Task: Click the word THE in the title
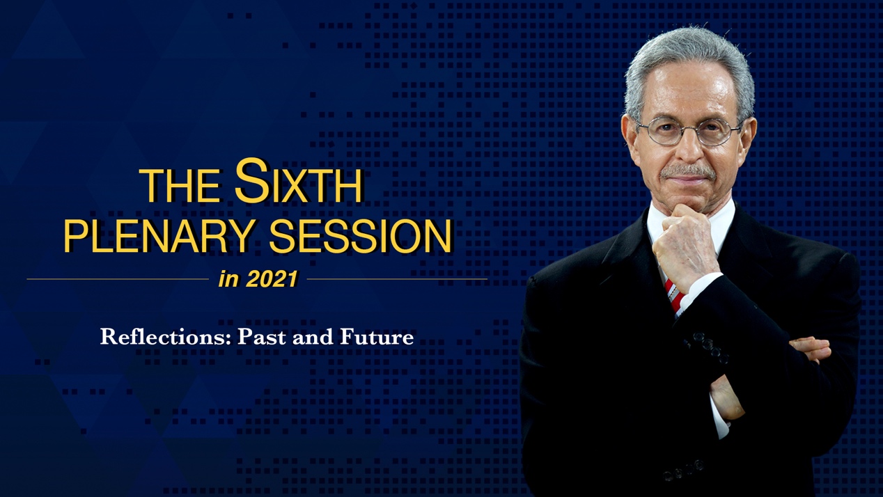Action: pos(182,185)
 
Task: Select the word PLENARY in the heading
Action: pos(157,236)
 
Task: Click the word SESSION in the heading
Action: pos(360,236)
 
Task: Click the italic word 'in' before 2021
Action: pos(228,279)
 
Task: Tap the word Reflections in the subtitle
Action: pos(166,337)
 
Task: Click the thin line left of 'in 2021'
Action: pos(118,279)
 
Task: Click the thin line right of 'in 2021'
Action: pos(397,279)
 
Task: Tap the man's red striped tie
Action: pos(675,294)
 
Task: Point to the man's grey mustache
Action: pos(688,172)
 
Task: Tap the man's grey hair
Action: pos(688,59)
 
